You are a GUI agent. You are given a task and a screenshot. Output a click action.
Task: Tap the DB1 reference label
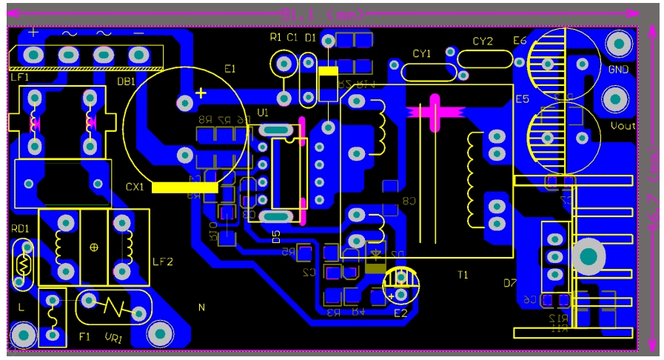126,81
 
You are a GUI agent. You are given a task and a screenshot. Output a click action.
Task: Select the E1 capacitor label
229,69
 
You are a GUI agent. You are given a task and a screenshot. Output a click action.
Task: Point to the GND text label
618,70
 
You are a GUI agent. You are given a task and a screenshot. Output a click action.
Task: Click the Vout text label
623,126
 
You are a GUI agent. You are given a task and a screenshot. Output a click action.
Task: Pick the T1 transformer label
463,275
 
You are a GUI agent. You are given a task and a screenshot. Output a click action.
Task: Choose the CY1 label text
421,53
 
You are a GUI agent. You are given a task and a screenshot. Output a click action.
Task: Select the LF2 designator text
162,261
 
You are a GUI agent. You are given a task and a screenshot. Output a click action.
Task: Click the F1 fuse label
84,337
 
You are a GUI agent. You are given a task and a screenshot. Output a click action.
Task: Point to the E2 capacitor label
400,313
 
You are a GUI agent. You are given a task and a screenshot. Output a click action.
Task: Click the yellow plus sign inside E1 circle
201,93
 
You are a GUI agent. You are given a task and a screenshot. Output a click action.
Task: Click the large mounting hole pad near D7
588,256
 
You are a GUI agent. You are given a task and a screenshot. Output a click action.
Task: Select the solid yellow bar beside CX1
184,188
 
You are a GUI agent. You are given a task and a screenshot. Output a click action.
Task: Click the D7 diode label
509,283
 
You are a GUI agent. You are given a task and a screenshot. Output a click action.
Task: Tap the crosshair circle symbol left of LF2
94,247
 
